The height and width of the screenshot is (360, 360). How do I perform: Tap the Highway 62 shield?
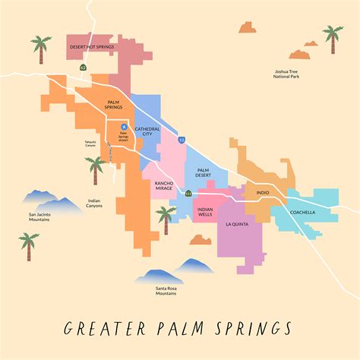[83, 68]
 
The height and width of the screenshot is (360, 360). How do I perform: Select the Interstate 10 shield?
[181, 140]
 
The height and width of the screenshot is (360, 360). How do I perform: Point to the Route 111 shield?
[188, 194]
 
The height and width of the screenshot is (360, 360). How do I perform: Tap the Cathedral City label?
[147, 132]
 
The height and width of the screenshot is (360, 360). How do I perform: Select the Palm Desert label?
[203, 172]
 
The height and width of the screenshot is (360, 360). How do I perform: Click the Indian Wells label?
[204, 212]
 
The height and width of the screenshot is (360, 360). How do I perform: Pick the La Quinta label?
[238, 225]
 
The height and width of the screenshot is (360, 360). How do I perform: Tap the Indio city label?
[262, 193]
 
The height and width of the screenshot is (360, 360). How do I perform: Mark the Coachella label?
[301, 213]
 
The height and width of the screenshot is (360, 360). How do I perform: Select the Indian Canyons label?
[90, 205]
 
